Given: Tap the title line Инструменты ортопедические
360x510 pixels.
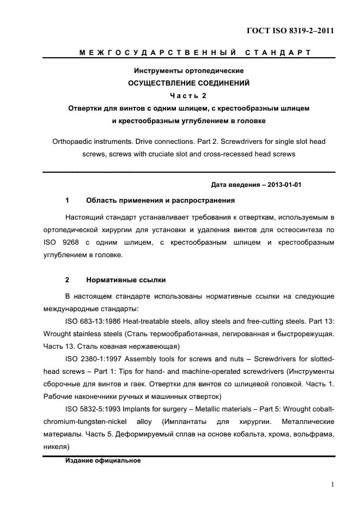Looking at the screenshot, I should [188, 71].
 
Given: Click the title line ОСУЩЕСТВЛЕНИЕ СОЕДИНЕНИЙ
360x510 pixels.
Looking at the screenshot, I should [188, 83].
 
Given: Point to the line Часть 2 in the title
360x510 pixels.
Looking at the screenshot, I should [188, 96].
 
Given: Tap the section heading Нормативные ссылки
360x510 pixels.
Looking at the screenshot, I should [126, 280].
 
